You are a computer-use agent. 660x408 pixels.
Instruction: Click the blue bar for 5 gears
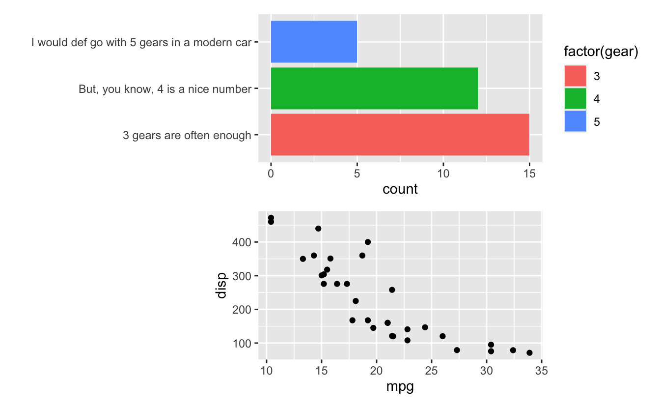coord(314,42)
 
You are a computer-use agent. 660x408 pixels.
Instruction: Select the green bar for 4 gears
coord(374,88)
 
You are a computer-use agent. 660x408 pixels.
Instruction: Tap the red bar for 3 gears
coord(400,135)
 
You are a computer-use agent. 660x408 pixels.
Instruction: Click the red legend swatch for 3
coord(576,76)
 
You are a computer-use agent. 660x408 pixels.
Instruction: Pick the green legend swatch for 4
coord(576,99)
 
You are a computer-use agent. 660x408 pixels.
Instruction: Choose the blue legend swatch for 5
coord(576,121)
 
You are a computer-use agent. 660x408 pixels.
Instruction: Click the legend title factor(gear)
coord(601,52)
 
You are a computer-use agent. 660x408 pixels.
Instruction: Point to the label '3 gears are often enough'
coord(187,135)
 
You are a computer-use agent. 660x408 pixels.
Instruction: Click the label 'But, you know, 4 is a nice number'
coord(165,89)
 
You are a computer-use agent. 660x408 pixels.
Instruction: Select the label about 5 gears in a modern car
coord(141,42)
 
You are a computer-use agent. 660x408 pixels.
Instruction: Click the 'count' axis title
coord(400,189)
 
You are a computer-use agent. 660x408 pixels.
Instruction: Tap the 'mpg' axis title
coord(400,387)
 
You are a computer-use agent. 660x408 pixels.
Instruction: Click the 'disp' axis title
coord(221,286)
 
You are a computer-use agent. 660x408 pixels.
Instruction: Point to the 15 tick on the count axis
coord(529,174)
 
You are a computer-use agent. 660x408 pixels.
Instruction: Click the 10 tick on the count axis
coord(443,174)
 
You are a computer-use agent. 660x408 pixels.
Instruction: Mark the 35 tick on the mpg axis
coord(541,371)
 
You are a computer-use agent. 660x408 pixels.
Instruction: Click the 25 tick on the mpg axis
coord(431,371)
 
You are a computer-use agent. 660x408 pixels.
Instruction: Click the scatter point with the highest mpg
coord(529,352)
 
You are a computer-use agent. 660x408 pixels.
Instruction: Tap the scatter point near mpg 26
coord(442,336)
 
